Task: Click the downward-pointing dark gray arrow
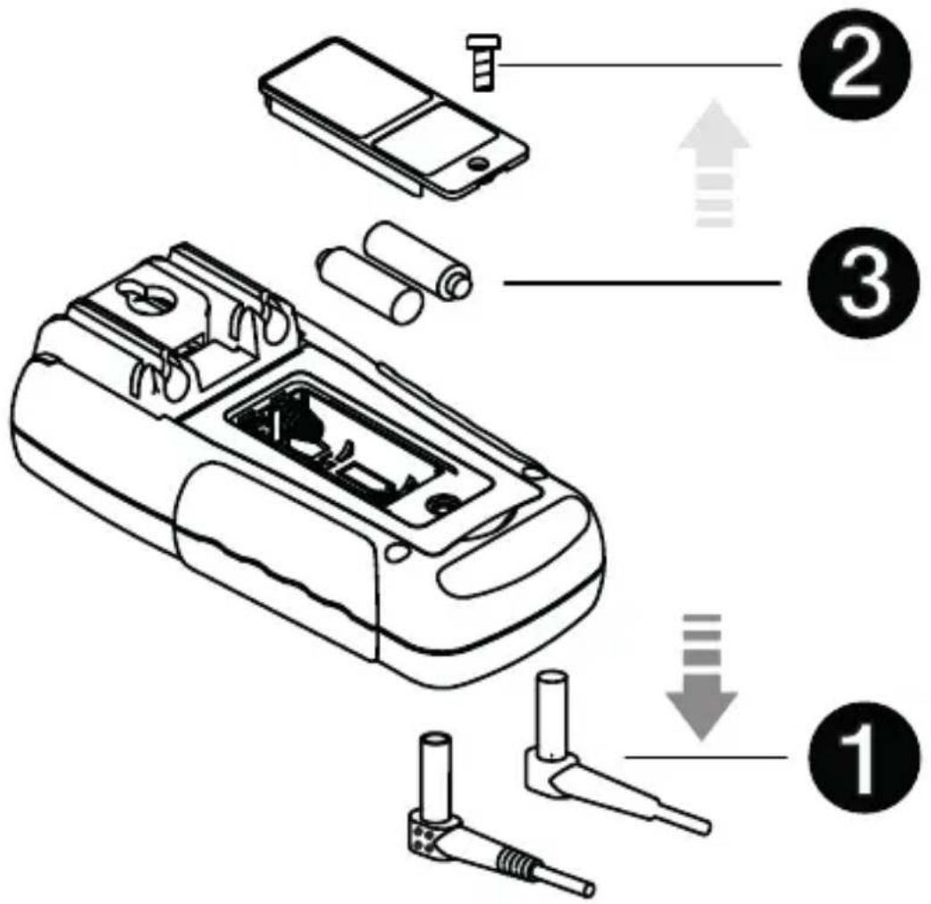[703, 676]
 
